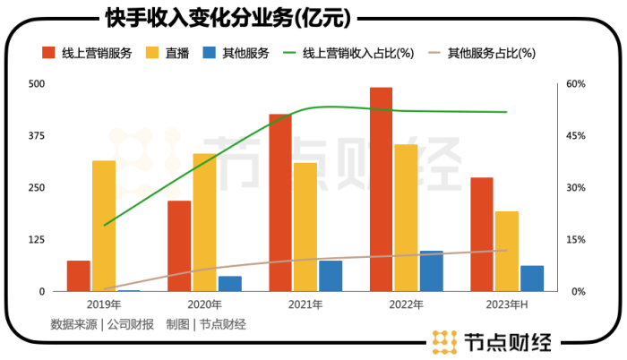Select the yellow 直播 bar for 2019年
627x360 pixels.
pos(104,226)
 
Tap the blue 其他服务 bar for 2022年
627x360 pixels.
pos(432,270)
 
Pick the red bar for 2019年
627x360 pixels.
pos(79,276)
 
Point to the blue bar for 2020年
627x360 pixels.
pos(230,283)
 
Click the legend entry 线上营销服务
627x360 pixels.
pos(87,53)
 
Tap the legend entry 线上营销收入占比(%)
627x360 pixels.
pos(350,53)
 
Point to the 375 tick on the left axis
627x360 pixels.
pos(36,136)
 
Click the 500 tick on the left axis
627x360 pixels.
pos(36,84)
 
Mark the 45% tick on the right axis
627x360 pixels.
pos(574,136)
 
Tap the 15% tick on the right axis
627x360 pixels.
pos(574,240)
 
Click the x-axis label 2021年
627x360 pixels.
pos(305,306)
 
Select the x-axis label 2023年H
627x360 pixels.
pos(506,306)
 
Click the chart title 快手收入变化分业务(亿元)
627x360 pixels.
pos(209,19)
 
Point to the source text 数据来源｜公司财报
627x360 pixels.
pos(102,324)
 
